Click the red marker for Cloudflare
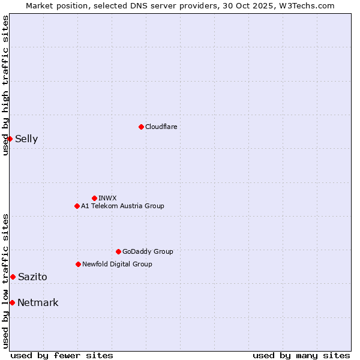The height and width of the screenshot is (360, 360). [141, 127]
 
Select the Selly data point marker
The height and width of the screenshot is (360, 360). [10, 139]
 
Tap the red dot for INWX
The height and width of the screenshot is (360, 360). [94, 198]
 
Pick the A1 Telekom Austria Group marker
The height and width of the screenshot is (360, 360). [77, 206]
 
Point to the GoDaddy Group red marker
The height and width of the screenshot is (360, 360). [118, 251]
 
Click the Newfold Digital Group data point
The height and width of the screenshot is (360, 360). [78, 264]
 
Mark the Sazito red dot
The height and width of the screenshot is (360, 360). [13, 277]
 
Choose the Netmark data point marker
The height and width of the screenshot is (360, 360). [12, 302]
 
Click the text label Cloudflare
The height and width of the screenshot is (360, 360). [161, 127]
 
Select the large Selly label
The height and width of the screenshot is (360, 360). [26, 139]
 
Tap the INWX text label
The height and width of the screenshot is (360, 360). [107, 198]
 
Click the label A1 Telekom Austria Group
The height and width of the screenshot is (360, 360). [122, 206]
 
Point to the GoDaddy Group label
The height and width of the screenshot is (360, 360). [148, 251]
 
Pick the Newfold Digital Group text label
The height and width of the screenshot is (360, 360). [117, 264]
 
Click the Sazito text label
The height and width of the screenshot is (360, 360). [32, 277]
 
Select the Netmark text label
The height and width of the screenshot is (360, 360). [38, 302]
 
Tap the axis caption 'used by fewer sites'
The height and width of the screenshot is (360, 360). [62, 355]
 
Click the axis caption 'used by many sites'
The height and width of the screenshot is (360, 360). [301, 355]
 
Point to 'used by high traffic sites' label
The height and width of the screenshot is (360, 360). [5, 85]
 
